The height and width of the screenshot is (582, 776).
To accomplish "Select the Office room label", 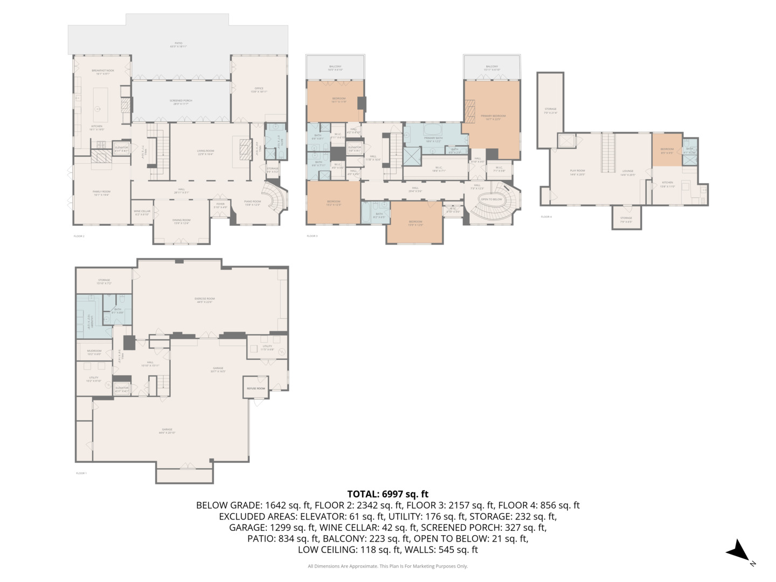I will [x=259, y=89].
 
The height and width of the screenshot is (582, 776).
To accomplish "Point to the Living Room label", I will [x=205, y=152].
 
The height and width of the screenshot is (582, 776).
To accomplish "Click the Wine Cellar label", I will [x=142, y=212].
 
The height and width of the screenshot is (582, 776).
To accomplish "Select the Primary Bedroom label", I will [x=493, y=117].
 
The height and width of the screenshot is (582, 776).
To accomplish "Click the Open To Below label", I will [x=491, y=199].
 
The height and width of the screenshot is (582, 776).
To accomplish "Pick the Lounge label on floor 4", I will [x=627, y=172].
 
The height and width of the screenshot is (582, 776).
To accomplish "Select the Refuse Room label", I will [x=256, y=389].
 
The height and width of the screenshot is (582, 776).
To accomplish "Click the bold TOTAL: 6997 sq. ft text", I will [x=387, y=494].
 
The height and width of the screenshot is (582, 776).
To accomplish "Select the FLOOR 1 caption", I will [x=81, y=473].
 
